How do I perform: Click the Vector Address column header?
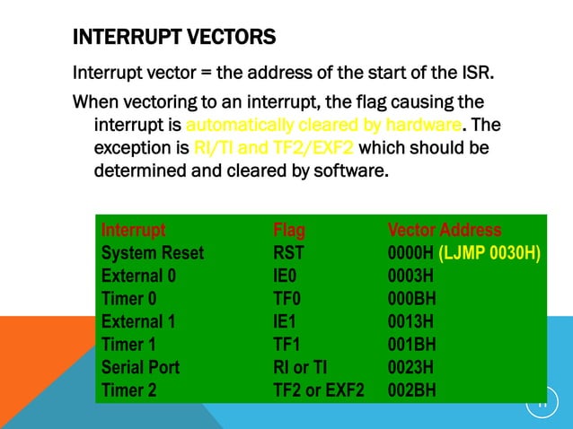444,231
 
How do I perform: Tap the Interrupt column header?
133,231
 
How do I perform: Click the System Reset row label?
152,253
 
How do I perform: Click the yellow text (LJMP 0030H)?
489,253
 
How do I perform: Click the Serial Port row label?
140,367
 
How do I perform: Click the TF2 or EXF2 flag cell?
319,390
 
